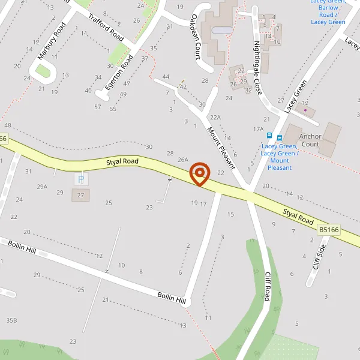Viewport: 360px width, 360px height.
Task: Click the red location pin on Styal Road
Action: click(199, 174)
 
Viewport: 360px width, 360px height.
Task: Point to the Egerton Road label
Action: click(119, 72)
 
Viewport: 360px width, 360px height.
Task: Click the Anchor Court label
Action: click(311, 140)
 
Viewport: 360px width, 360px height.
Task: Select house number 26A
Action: click(183, 160)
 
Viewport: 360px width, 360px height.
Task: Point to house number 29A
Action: click(41, 187)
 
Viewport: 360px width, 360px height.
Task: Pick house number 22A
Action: click(215, 118)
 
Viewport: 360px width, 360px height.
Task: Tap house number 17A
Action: click(259, 129)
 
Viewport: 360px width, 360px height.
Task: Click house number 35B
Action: click(11, 320)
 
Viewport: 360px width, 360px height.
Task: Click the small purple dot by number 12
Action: click(305, 110)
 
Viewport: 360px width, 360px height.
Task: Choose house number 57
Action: click(98, 107)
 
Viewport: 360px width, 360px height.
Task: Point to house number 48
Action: click(8, 125)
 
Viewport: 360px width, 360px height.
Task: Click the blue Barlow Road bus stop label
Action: click(328, 12)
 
